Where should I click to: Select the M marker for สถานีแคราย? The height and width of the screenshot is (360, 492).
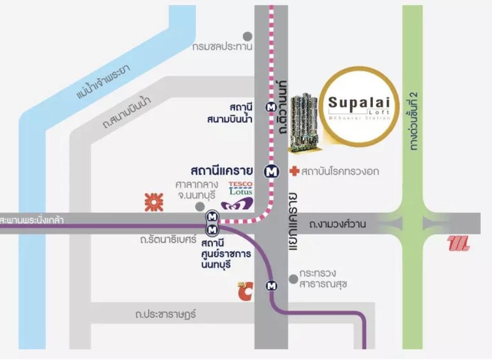click(272, 169)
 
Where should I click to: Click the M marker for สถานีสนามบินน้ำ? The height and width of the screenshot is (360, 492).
click(272, 105)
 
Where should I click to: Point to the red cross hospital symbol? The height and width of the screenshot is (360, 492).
click(293, 170)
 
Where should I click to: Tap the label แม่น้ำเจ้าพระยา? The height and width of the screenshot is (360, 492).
click(102, 82)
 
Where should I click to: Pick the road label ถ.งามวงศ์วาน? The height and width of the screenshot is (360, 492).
click(338, 224)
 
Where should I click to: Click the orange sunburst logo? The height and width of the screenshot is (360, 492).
click(153, 201)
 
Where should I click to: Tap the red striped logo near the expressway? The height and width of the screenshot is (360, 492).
click(459, 244)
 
